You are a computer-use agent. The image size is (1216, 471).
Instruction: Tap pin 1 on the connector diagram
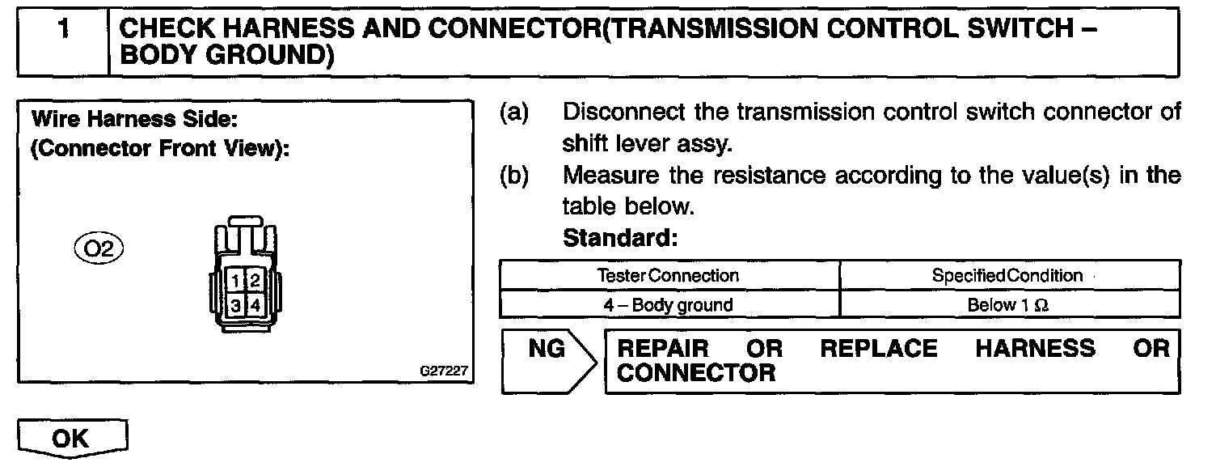pyautogui.click(x=234, y=281)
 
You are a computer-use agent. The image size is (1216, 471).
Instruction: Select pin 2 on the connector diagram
pyautogui.click(x=253, y=281)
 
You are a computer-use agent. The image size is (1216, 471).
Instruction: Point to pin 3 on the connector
pyautogui.click(x=234, y=305)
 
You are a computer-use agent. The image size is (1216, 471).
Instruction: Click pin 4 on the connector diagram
pyautogui.click(x=253, y=305)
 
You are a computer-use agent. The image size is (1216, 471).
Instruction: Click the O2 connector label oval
pyautogui.click(x=98, y=245)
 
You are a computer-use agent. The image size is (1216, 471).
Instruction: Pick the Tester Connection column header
pyautogui.click(x=669, y=275)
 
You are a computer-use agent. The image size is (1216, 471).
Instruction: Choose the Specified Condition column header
pyautogui.click(x=1007, y=275)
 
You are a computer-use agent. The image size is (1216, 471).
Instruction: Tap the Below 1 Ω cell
pyautogui.click(x=1007, y=305)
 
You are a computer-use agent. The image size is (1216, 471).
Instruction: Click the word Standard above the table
pyautogui.click(x=619, y=239)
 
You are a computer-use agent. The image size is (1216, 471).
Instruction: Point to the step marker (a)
pyautogui.click(x=514, y=112)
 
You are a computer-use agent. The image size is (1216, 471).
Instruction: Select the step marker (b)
pyautogui.click(x=514, y=175)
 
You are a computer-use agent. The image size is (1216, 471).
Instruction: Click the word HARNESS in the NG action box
pyautogui.click(x=1035, y=349)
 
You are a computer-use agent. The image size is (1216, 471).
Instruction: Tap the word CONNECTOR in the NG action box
pyautogui.click(x=695, y=373)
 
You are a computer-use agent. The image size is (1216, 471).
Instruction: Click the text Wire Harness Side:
pyautogui.click(x=133, y=119)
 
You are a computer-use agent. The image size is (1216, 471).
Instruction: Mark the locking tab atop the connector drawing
pyautogui.click(x=243, y=220)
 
